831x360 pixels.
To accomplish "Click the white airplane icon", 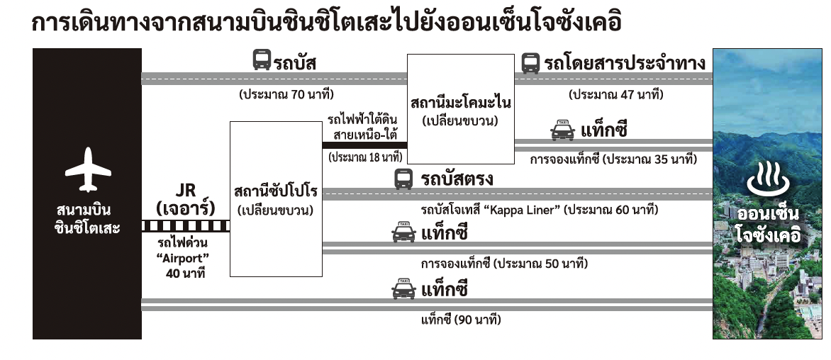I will point(87,170).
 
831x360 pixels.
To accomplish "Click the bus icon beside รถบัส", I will point(262,60).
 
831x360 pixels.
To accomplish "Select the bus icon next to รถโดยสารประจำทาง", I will point(530,63).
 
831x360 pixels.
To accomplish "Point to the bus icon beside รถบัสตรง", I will point(403,179).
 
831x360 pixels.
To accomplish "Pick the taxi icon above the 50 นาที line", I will point(404,232).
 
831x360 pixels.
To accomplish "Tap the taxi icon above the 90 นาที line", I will point(404,290).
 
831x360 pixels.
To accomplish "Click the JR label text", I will point(185,190).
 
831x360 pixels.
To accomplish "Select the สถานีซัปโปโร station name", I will point(275,192).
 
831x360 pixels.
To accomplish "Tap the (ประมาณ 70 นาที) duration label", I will point(286,94).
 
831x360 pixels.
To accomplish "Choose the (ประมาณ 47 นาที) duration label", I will point(615,94).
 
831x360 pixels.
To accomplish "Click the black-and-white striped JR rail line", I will point(186,226).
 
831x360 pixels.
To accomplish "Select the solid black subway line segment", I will point(365,145).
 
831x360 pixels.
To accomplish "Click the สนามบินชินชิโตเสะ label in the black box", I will point(87,219).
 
